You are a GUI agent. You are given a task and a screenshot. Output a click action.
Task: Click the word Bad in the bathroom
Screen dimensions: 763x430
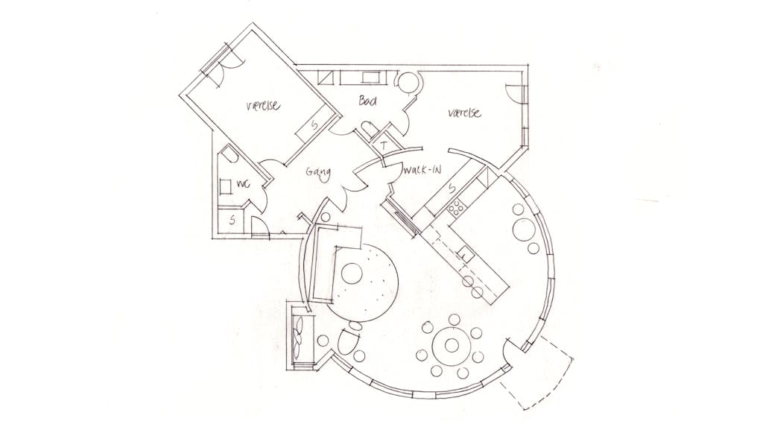click(367, 101)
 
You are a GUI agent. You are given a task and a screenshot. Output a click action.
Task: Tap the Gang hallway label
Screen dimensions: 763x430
click(318, 173)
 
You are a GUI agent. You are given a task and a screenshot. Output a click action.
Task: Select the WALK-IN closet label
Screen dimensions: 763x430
click(422, 170)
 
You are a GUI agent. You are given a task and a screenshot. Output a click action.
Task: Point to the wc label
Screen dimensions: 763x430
click(243, 183)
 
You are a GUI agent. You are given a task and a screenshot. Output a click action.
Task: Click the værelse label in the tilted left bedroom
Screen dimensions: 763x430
click(263, 105)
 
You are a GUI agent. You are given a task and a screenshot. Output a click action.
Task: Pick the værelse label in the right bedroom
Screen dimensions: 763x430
click(464, 113)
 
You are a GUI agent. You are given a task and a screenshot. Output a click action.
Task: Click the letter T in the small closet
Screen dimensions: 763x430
click(384, 145)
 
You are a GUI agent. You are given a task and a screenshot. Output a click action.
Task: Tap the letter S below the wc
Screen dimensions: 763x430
click(232, 220)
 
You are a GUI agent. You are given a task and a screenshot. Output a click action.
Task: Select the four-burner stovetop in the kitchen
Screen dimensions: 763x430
click(457, 208)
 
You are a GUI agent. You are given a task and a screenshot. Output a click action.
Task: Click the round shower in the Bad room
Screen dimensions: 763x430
click(408, 82)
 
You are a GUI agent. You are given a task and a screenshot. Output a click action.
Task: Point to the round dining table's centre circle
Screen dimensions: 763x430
click(452, 345)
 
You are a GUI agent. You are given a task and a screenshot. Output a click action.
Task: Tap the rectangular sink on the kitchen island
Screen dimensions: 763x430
click(463, 253)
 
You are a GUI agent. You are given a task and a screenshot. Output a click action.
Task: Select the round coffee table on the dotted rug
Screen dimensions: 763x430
click(352, 274)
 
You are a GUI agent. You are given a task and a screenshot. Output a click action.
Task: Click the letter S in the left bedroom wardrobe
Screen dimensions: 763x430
click(315, 125)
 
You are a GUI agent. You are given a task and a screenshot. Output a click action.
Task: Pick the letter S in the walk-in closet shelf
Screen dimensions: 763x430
click(452, 187)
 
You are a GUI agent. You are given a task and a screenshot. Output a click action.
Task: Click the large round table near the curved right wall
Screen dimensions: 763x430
click(524, 230)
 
